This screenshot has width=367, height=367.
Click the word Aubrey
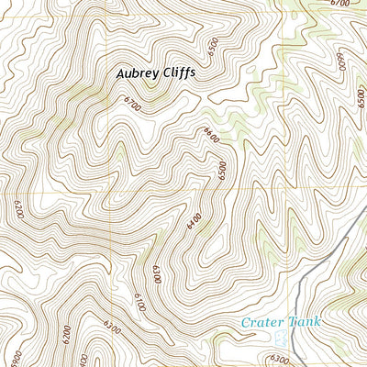(137, 72)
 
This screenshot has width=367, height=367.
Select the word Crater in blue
(257, 323)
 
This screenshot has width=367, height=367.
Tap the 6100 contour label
(139, 300)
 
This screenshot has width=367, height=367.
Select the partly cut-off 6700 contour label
(339, 4)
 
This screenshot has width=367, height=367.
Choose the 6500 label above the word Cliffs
(213, 44)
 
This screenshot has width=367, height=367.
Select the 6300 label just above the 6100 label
(157, 272)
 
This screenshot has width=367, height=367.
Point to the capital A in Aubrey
(121, 72)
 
